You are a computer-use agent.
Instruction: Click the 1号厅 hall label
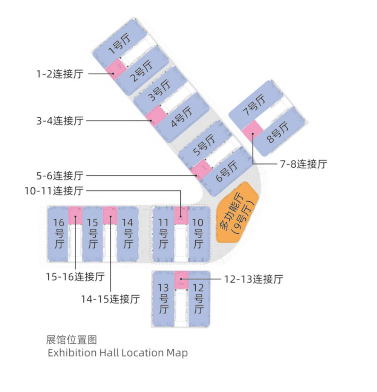click(120, 44)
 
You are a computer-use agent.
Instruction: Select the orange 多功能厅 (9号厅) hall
click(237, 213)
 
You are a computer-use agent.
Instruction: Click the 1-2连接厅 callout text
click(60, 74)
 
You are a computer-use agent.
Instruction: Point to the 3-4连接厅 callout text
click(60, 121)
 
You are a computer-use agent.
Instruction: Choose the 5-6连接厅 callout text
click(60, 176)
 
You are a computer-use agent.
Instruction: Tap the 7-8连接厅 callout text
click(303, 164)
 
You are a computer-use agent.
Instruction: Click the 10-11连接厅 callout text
click(54, 191)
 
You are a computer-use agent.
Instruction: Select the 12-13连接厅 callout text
click(254, 279)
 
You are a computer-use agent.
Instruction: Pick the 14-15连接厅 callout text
click(110, 299)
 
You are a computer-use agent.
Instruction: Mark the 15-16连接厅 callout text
click(75, 277)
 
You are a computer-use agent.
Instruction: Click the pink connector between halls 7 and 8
click(253, 131)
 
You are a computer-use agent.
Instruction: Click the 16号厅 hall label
click(59, 233)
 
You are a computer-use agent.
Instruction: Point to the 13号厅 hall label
click(163, 299)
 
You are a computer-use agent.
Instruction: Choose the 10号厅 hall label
click(198, 233)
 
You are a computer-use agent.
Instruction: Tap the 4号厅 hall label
click(182, 116)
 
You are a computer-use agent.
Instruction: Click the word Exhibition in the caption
click(72, 353)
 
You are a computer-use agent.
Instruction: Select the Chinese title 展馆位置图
click(71, 340)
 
